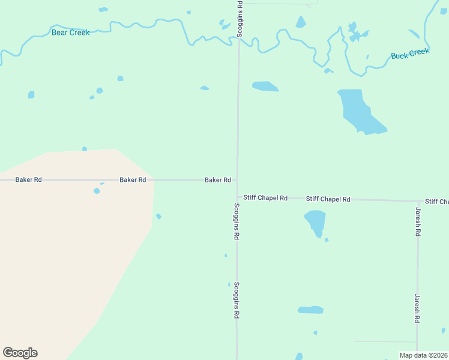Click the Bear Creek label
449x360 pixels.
[x=70, y=32]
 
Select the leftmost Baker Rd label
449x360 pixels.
[x=28, y=179]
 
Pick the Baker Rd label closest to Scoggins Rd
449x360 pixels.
[x=218, y=179]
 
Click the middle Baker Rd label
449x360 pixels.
[x=133, y=179]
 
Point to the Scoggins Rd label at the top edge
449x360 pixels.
[x=240, y=20]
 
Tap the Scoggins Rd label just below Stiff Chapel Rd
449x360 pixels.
[x=237, y=222]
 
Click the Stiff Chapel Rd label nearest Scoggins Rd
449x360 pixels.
[x=265, y=197]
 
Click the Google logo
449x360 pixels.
[x=20, y=353]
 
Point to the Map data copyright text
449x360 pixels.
[x=423, y=355]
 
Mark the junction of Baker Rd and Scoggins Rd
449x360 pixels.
[x=238, y=179]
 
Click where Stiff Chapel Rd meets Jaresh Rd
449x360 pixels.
[x=418, y=200]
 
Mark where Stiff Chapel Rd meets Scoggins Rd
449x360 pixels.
[x=237, y=197]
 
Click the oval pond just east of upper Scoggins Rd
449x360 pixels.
[x=265, y=86]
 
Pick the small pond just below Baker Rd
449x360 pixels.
[x=97, y=191]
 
